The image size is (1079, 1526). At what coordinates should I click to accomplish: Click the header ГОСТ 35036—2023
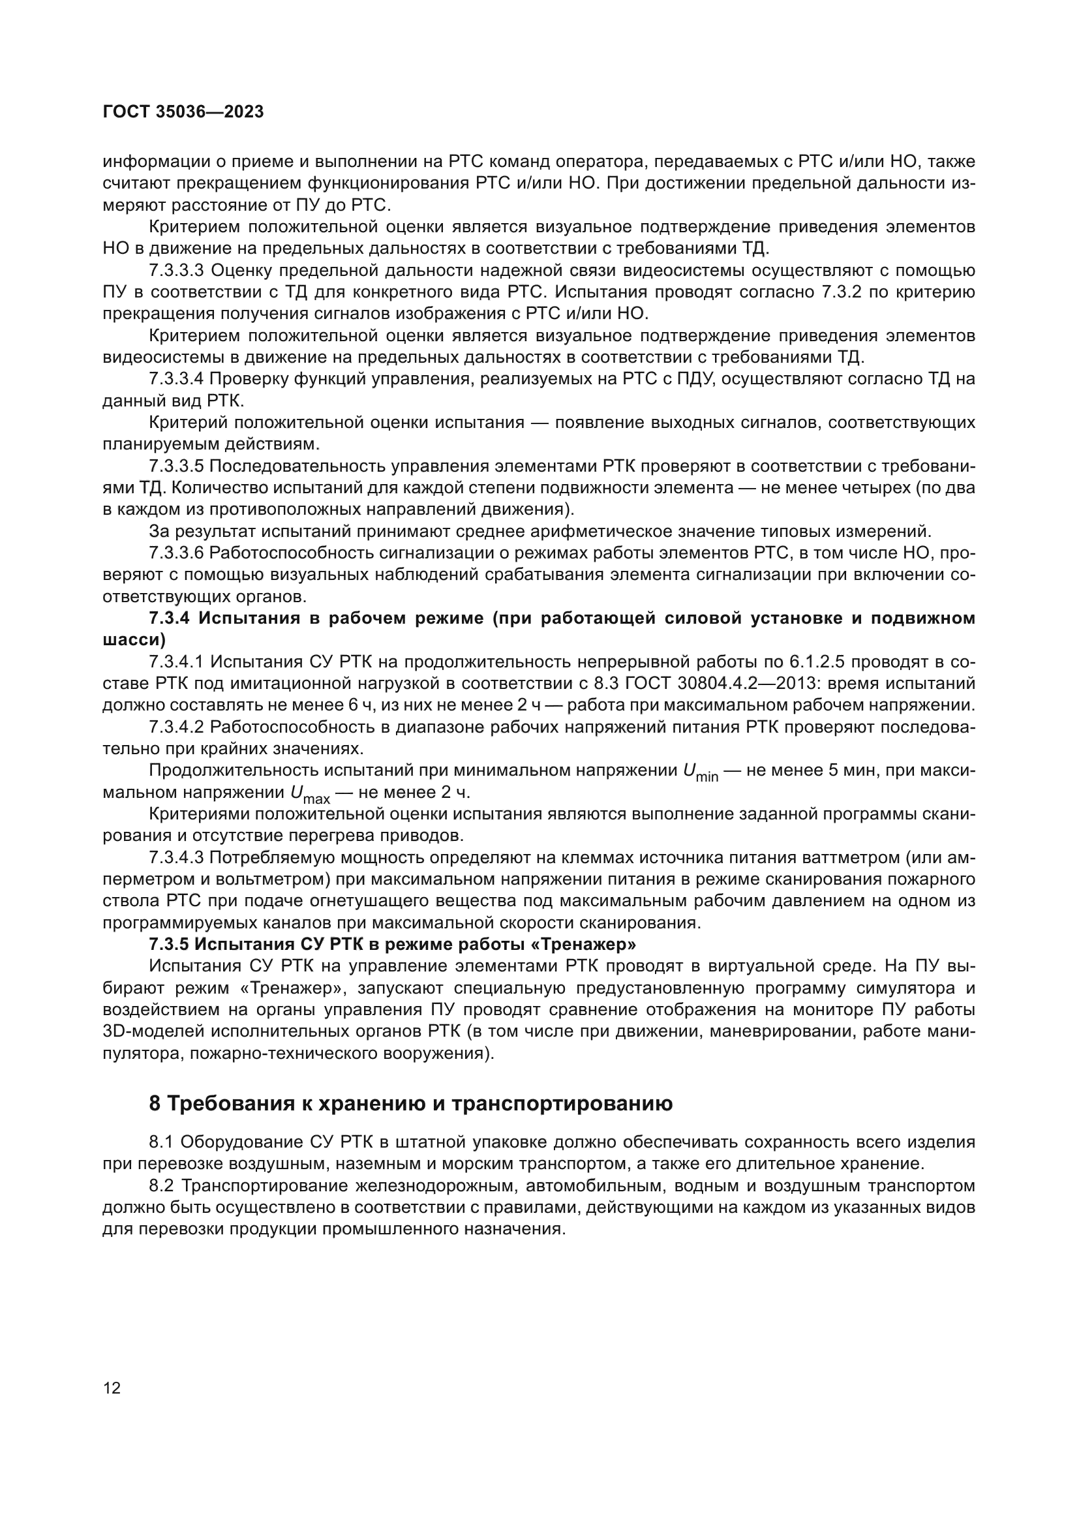point(183,112)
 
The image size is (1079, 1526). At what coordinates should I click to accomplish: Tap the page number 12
point(112,1388)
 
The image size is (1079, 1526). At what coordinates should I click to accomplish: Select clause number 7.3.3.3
point(176,271)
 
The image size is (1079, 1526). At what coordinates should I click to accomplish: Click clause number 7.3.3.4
point(176,379)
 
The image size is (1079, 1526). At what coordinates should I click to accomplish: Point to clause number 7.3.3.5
point(176,466)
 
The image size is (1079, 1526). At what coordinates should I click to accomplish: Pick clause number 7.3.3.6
point(176,553)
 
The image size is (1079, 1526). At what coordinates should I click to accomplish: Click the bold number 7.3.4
point(170,618)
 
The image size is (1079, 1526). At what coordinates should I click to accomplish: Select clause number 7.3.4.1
point(176,662)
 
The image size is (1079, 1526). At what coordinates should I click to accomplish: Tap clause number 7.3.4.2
point(176,727)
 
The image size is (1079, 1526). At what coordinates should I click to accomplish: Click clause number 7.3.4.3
point(176,858)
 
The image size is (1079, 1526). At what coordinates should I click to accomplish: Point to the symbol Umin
point(699,772)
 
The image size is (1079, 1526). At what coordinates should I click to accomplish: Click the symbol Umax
point(310,794)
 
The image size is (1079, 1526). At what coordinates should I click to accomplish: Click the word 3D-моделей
point(155,1031)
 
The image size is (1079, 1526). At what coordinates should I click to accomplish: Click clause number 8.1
point(160,1142)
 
